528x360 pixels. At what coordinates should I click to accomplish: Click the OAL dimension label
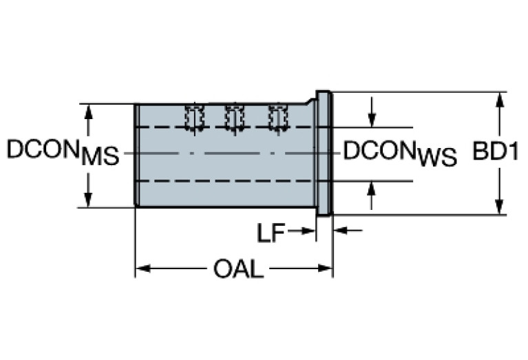(238, 269)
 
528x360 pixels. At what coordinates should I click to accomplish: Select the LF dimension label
(271, 233)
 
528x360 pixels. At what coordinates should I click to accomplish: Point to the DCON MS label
(63, 152)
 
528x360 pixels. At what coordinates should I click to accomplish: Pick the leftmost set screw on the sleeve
(194, 116)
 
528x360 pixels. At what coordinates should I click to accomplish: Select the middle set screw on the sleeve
(235, 116)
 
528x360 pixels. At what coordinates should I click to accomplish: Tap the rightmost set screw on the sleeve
(277, 116)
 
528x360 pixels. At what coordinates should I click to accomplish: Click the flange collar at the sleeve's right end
(324, 153)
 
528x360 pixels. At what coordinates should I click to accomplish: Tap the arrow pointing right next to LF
(308, 231)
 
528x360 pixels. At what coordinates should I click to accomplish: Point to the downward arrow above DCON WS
(372, 120)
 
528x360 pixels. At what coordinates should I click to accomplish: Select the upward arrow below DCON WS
(372, 188)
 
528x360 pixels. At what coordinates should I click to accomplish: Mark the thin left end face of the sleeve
(136, 154)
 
